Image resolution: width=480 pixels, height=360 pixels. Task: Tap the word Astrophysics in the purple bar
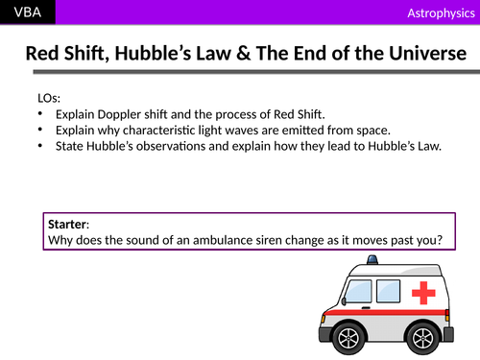[438, 12]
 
